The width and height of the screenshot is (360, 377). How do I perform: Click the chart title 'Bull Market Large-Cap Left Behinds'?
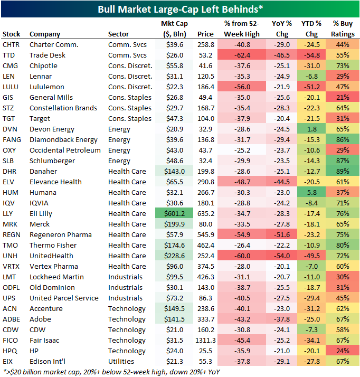179,9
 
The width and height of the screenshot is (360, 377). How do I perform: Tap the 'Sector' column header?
118,34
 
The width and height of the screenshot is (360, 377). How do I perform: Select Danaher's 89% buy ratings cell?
343,172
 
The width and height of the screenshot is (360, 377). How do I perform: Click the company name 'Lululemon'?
47,87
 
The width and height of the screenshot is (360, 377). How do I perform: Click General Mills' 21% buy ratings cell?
343,98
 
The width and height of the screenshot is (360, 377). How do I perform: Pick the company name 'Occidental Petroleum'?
65,150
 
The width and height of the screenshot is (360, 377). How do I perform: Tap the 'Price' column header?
205,34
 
